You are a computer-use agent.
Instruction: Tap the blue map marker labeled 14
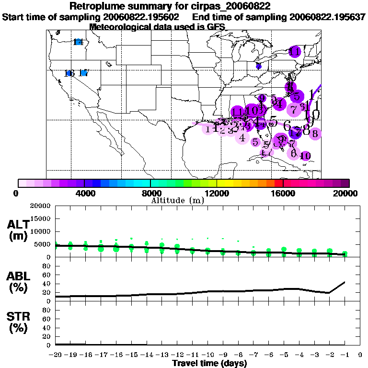point(78,42)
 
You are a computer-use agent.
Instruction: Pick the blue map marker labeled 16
point(70,73)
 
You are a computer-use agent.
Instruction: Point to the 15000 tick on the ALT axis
point(40,218)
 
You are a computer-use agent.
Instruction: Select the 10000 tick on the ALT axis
point(40,231)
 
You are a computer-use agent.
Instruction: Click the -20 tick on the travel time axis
point(55,355)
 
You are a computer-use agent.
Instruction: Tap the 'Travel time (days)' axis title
point(209,363)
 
